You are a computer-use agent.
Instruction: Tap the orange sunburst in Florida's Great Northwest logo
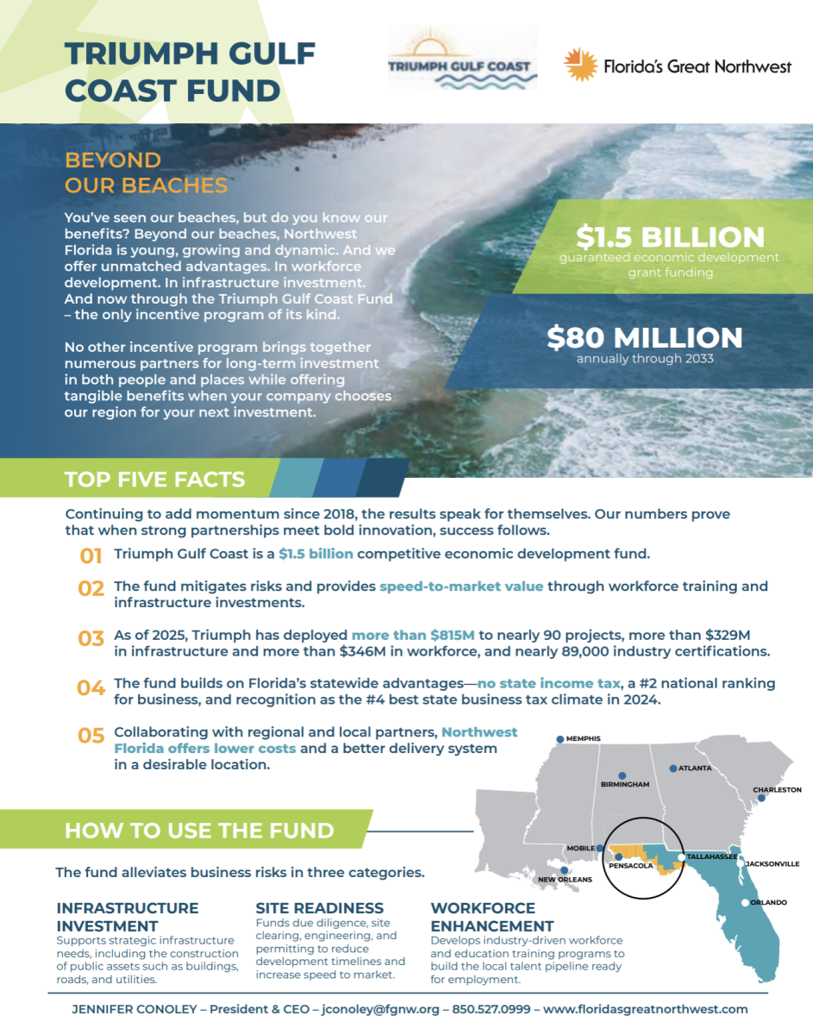pos(581,65)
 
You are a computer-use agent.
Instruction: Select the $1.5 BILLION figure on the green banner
pos(670,237)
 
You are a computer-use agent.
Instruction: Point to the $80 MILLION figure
pos(644,337)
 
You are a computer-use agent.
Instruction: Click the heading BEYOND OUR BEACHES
pos(146,172)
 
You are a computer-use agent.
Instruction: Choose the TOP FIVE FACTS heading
pos(154,480)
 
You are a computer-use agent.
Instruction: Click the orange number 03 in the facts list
pos(91,639)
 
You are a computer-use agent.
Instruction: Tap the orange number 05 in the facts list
pos(91,736)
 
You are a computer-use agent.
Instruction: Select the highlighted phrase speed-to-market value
pos(461,586)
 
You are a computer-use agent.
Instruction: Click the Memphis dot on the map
pos(560,739)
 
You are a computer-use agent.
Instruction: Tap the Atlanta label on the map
pos(694,768)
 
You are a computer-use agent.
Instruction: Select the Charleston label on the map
pos(777,789)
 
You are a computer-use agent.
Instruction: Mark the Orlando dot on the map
pos(745,903)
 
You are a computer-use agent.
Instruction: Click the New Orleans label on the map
pos(565,879)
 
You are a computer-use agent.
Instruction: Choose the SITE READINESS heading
pos(319,908)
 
